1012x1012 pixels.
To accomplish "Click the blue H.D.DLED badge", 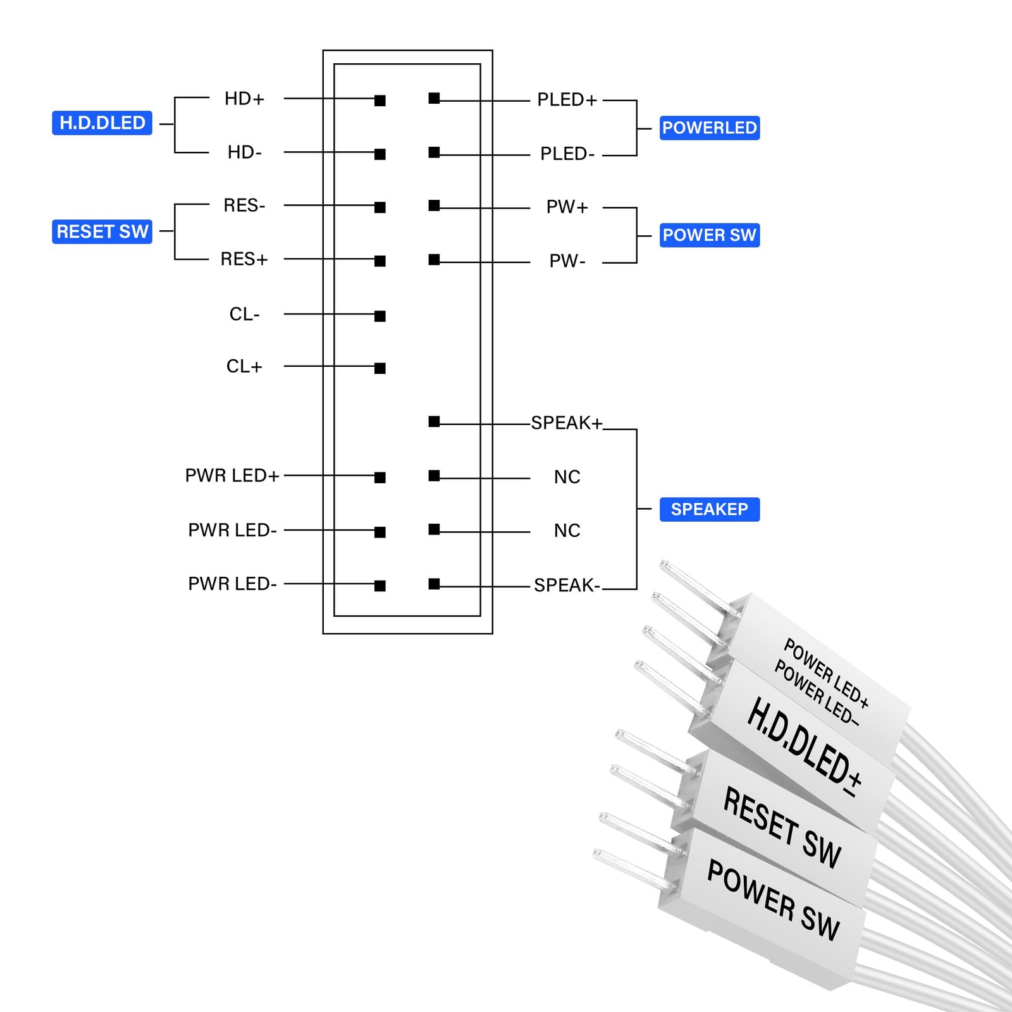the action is tap(102, 123).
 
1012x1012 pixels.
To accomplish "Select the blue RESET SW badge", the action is tap(102, 231).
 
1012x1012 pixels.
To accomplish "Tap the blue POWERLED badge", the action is tap(710, 128).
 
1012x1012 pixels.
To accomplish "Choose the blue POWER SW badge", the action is tap(710, 235).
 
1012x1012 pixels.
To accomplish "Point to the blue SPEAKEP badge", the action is tap(710, 509).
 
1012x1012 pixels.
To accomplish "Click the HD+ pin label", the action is tap(244, 99).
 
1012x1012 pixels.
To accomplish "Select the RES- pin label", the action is tap(244, 206).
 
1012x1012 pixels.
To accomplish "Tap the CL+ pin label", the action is tap(244, 366).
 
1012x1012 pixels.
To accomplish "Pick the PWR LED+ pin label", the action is tap(232, 476).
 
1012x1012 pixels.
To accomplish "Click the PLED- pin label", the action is tap(567, 154).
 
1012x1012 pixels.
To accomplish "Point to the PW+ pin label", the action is tap(567, 207).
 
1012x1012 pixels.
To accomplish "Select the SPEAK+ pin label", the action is tap(567, 423).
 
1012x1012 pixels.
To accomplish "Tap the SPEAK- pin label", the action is tap(567, 585).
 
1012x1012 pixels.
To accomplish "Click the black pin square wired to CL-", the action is tap(380, 316).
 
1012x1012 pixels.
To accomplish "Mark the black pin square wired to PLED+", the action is tap(434, 98).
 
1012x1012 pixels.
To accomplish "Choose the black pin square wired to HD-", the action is tap(380, 154).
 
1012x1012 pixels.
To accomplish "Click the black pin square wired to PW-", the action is tap(434, 260).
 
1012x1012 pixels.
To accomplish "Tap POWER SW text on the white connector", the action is tap(773, 900).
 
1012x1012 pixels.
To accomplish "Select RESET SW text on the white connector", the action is tap(782, 827).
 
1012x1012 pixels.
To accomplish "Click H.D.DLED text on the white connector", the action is tap(805, 746).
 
